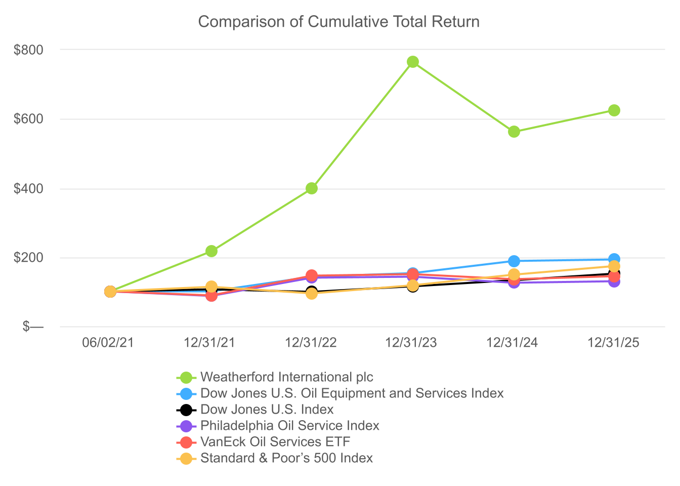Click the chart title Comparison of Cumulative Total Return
point(339,22)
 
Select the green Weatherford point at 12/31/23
point(412,62)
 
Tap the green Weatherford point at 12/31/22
point(312,188)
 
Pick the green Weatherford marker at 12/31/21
point(211,251)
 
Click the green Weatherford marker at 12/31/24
point(514,132)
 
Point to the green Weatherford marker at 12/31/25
point(614,110)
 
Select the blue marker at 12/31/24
point(514,261)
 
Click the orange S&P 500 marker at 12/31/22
point(312,294)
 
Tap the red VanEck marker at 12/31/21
point(211,296)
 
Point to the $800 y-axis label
point(28,50)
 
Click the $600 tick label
point(28,119)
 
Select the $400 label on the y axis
point(28,189)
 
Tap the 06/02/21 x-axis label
point(108,343)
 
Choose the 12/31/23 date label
point(411,343)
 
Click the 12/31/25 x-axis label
point(614,343)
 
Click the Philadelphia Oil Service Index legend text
point(290,426)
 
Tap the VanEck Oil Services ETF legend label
point(275,441)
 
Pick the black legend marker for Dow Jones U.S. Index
point(186,410)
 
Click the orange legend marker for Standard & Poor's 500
point(186,459)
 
